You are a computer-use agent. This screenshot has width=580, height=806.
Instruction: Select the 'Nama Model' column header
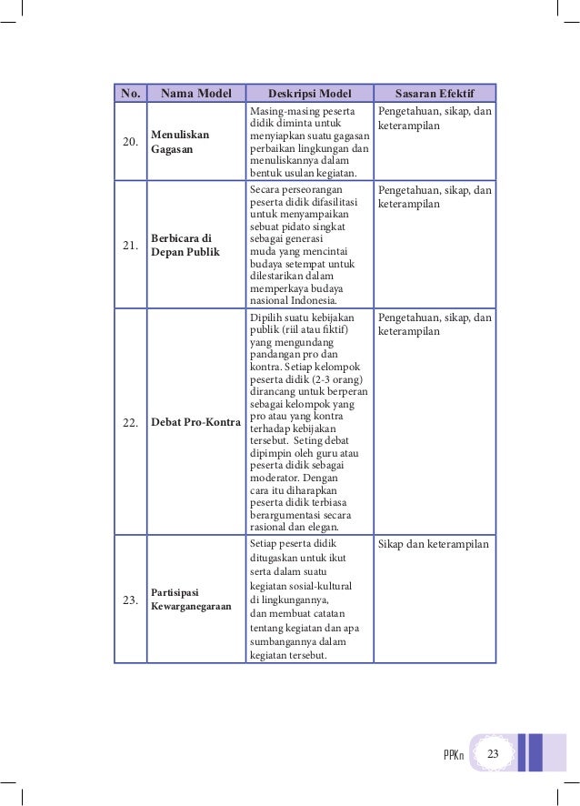[x=196, y=93]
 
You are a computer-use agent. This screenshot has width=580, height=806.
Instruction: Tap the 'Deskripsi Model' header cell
[x=309, y=93]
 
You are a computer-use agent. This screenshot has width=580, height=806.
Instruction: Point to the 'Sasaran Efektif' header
[x=435, y=93]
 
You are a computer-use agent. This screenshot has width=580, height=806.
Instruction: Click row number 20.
[x=130, y=142]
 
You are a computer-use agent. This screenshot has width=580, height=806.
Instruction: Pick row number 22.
[x=130, y=423]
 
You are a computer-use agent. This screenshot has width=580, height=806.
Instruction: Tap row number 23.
[x=130, y=600]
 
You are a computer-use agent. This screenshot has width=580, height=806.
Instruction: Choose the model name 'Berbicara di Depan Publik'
[x=185, y=245]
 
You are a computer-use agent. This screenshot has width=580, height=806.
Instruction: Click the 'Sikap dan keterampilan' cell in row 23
[x=433, y=544]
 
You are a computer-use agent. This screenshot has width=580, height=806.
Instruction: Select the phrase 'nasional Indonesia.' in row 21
[x=293, y=301]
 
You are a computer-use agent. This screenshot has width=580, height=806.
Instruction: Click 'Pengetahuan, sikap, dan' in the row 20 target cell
[x=435, y=111]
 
